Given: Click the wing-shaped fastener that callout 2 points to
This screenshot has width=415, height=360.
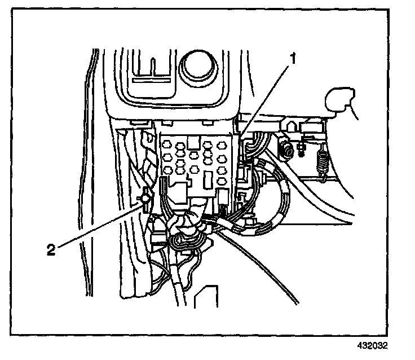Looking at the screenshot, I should point(145,201).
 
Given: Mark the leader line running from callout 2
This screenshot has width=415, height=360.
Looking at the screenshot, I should point(96,226).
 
